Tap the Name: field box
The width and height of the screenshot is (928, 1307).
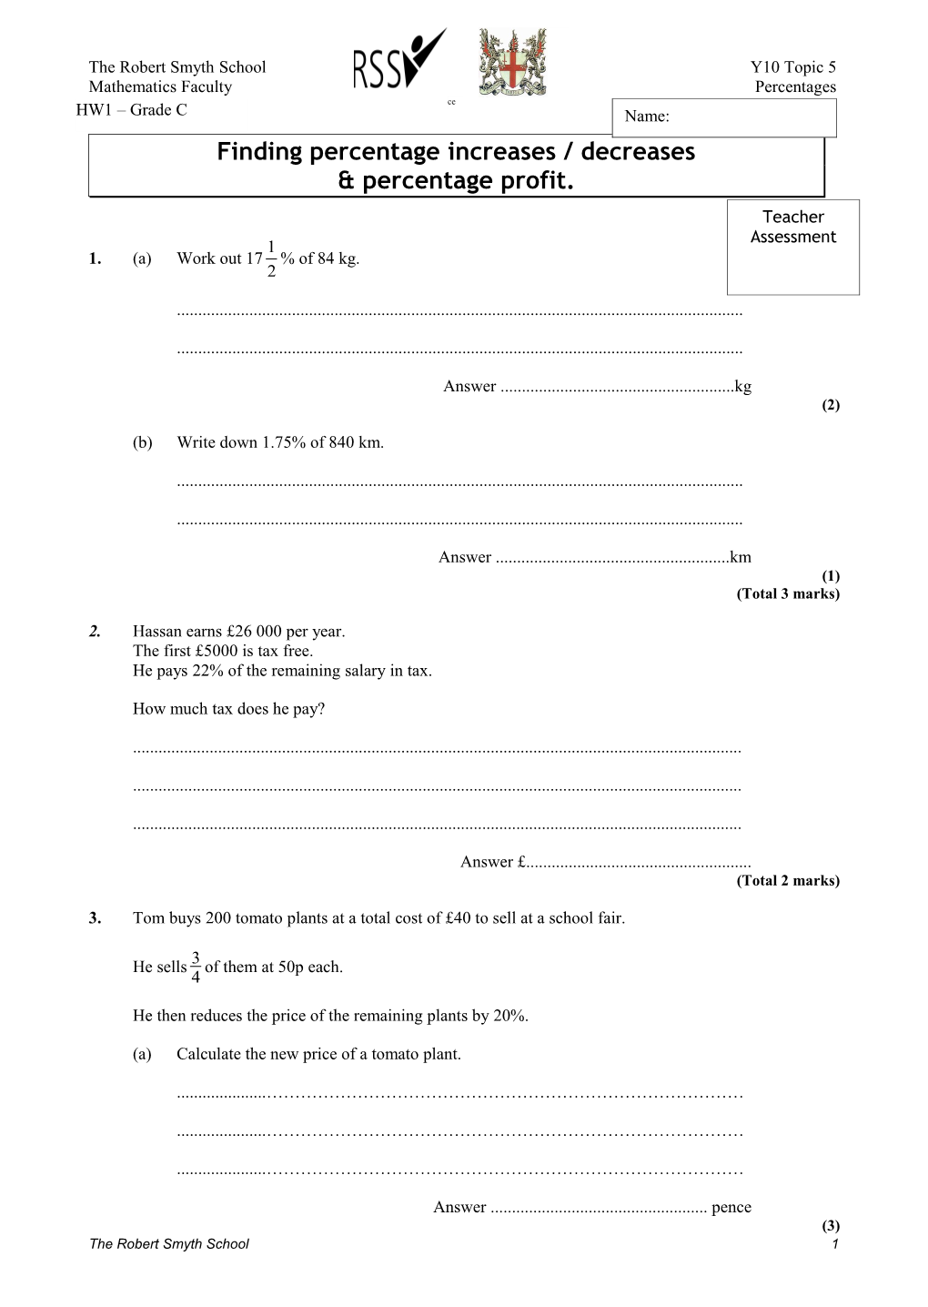pos(724,117)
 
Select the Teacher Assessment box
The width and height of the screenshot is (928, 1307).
pos(792,247)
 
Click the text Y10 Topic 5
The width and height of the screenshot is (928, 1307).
pos(792,66)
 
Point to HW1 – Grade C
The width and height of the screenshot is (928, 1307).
pos(131,110)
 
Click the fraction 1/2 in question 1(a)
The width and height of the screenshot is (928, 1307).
pos(271,258)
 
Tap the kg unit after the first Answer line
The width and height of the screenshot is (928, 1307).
pos(743,386)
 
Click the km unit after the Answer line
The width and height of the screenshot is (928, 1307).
pos(741,557)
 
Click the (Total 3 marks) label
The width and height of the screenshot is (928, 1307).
pos(788,593)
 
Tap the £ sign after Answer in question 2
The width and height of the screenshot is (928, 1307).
pos(521,862)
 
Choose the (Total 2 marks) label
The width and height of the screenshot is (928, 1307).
pos(788,880)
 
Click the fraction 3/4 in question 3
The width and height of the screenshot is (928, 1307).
pos(196,968)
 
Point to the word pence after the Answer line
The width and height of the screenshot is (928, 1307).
pos(731,1207)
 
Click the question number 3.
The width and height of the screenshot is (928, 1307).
pos(95,917)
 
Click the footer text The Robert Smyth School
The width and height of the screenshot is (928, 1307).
pos(168,1244)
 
